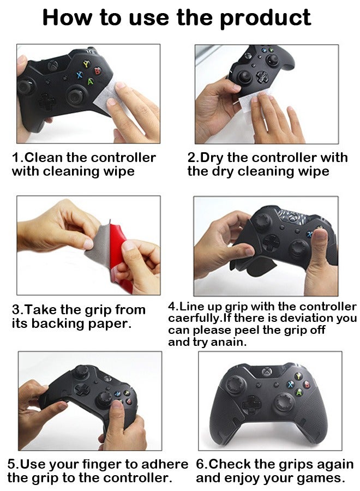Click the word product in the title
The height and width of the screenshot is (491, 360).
(265, 17)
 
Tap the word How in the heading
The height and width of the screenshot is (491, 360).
(65, 17)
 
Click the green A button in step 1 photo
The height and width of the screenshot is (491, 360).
(90, 82)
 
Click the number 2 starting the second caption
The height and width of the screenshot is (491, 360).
(191, 158)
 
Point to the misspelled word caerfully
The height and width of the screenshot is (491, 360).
(194, 318)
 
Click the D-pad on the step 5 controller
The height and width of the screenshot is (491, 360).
(82, 390)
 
